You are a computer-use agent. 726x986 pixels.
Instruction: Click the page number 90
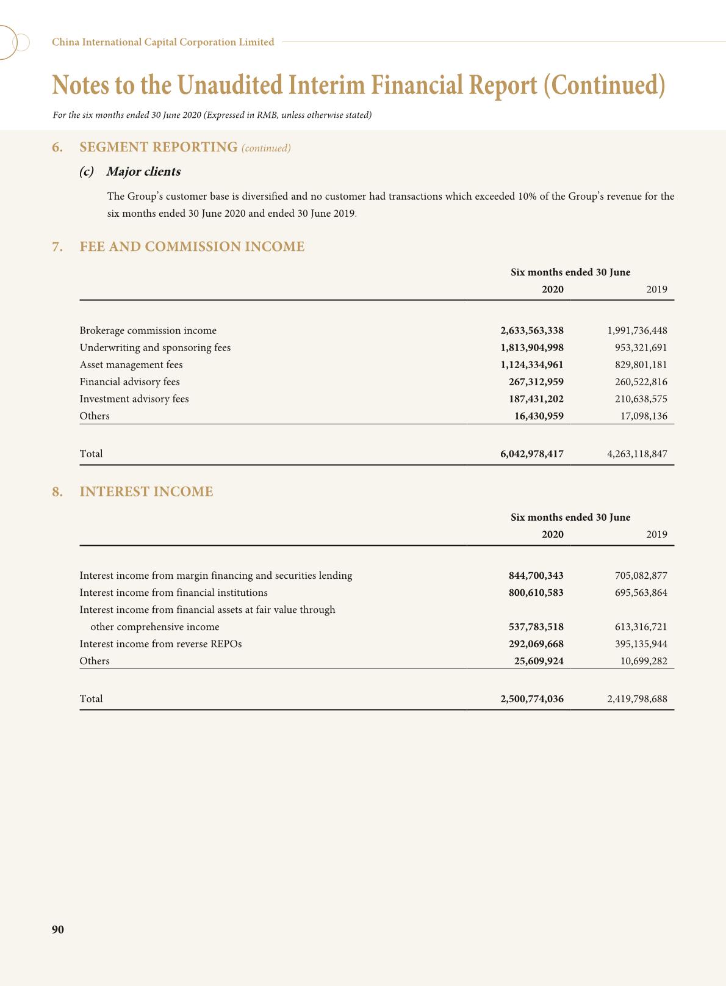tap(58, 929)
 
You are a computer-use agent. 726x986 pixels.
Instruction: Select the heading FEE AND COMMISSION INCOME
tap(192, 247)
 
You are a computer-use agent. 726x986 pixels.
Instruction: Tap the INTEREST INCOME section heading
tap(146, 491)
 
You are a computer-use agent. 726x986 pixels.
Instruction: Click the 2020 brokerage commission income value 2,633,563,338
tap(531, 330)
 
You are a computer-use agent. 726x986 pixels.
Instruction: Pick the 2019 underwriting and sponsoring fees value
tap(641, 347)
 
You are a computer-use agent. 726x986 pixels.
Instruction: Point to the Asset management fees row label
tap(131, 364)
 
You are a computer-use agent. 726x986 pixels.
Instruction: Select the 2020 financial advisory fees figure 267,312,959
tap(536, 382)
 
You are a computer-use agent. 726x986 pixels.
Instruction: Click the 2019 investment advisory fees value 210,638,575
tap(641, 399)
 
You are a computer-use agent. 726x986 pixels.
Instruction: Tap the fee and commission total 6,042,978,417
tap(531, 454)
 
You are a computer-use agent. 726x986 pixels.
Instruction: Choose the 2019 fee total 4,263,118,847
tap(637, 454)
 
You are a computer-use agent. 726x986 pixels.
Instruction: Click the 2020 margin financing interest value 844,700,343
tap(536, 575)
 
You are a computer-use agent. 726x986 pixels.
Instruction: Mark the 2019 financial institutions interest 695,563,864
tap(641, 592)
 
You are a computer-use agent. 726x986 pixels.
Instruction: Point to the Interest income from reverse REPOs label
tap(160, 643)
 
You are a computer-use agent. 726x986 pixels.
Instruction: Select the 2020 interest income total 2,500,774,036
tap(531, 698)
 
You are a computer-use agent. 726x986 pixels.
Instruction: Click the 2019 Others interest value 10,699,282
tap(644, 661)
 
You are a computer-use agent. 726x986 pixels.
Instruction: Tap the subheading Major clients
tap(143, 172)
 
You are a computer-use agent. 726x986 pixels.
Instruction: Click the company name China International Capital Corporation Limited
tap(163, 42)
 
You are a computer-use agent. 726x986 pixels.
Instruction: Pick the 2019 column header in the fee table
tap(656, 289)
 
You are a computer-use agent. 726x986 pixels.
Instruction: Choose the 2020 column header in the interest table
tap(552, 534)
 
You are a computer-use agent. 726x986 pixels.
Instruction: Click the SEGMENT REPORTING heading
tap(158, 147)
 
